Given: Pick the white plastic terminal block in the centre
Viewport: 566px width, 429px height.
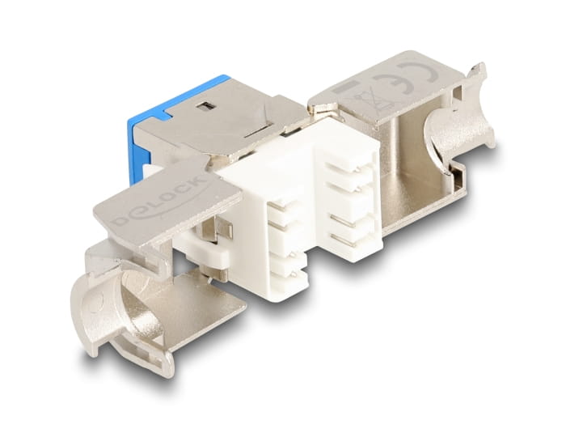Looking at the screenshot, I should pos(299,210).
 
